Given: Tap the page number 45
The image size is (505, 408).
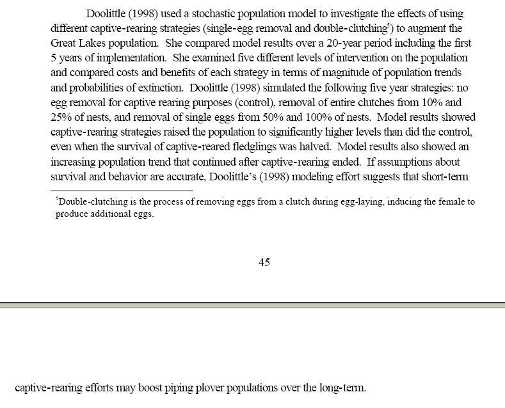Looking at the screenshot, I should click(264, 262).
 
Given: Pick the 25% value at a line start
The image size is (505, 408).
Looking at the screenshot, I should click(61, 117).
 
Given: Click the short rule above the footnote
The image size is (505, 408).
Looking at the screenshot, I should click(122, 190).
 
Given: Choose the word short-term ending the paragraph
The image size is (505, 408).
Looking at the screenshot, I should click(445, 177).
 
